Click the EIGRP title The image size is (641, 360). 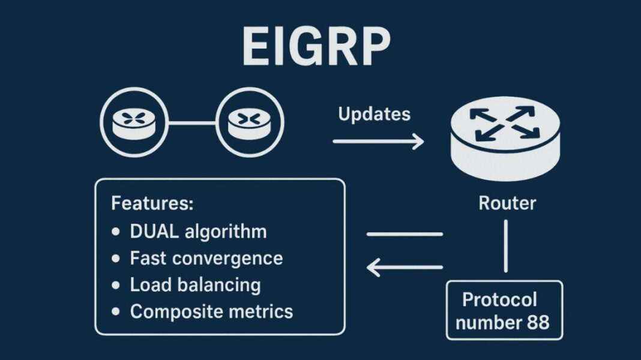(x=316, y=47)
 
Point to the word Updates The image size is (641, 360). (x=375, y=114)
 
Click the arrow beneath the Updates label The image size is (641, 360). (x=378, y=142)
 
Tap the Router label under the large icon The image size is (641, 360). (x=507, y=203)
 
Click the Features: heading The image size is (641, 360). (x=152, y=203)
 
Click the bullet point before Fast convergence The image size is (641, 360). (x=116, y=259)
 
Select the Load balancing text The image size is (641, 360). (x=195, y=285)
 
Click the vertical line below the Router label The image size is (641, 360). (x=507, y=246)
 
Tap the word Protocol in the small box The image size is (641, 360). (x=499, y=299)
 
